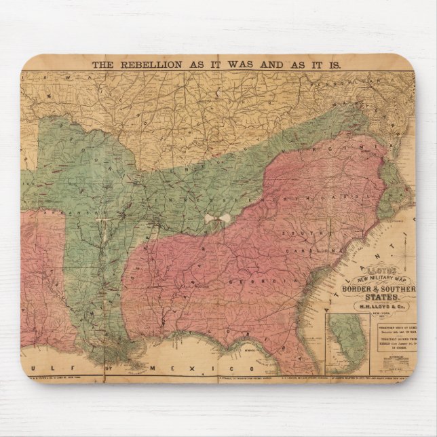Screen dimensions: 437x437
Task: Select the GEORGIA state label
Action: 246,280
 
